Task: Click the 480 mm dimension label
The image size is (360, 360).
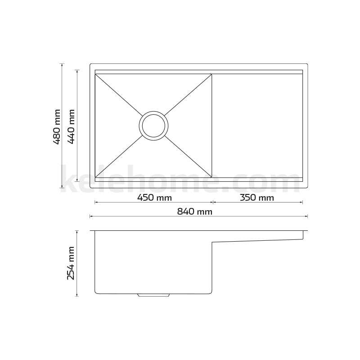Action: tap(57, 126)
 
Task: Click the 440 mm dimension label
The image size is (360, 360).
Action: tap(71, 126)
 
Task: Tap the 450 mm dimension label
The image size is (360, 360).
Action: tap(154, 198)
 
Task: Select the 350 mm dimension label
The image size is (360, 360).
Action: tap(257, 198)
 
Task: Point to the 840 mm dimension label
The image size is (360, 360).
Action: tap(195, 211)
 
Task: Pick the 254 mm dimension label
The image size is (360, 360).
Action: tap(71, 263)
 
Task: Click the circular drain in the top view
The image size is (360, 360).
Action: tap(154, 125)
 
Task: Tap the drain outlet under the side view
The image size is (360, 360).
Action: tap(154, 295)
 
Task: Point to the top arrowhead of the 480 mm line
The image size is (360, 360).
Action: tap(62, 65)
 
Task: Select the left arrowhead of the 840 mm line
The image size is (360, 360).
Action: tap(91, 216)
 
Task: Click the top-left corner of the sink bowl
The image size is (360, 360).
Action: tap(96, 74)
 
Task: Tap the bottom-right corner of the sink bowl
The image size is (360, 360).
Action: tap(211, 176)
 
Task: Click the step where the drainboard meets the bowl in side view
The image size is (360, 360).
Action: tap(212, 243)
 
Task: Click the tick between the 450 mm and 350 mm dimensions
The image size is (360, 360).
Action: tap(212, 202)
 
